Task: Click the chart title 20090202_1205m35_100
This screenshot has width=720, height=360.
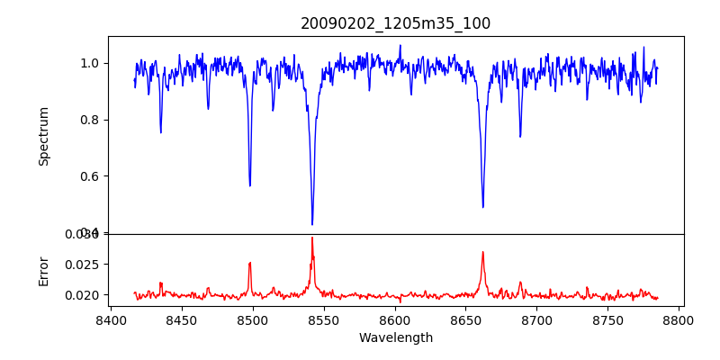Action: click(395, 23)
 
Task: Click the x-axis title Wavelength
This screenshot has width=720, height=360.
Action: click(395, 338)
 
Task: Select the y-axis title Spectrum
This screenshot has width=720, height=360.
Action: click(44, 136)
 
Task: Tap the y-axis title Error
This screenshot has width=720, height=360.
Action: click(44, 270)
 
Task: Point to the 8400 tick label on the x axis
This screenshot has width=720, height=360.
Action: click(110, 319)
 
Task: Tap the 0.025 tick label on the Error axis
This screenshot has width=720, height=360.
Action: click(85, 265)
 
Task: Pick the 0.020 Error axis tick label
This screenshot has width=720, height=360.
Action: click(85, 295)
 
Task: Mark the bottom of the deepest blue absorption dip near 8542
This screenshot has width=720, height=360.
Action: click(312, 224)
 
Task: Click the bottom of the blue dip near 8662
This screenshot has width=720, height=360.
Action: click(483, 207)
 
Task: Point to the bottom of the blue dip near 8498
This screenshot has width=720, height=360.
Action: click(250, 185)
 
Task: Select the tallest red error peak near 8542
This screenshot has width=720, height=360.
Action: click(312, 238)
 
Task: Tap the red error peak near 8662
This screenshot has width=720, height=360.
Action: click(483, 252)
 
